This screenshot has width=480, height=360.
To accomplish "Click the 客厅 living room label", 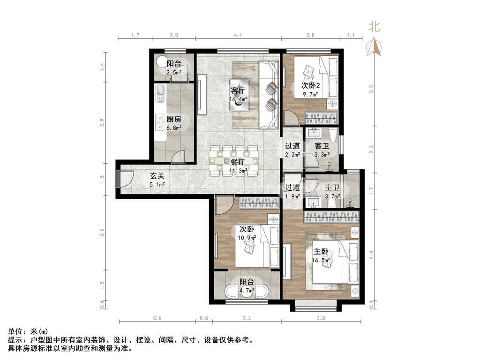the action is [x=238, y=90].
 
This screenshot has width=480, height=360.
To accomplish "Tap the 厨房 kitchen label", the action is [x=174, y=119].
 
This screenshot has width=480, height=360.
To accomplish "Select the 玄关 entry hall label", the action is [x=157, y=176].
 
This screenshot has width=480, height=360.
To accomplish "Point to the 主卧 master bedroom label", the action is [x=321, y=252].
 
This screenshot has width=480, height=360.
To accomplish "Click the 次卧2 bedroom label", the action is [x=310, y=85].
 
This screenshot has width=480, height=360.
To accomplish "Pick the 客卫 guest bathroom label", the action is [x=322, y=146].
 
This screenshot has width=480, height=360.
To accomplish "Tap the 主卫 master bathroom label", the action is [x=332, y=187].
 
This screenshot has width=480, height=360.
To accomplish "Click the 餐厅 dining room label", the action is [x=238, y=162].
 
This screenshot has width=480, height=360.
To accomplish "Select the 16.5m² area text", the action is [x=321, y=261].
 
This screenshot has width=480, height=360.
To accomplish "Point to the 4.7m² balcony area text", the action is [x=247, y=291].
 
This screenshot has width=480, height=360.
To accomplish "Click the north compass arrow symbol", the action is [x=374, y=46].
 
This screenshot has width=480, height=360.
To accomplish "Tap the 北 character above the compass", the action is [x=374, y=26].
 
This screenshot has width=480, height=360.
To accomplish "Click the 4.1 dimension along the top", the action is [x=238, y=35].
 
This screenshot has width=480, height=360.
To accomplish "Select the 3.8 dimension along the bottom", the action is [x=321, y=318].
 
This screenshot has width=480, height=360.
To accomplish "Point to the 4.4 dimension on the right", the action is [x=371, y=255].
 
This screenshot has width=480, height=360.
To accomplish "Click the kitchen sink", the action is [x=160, y=93].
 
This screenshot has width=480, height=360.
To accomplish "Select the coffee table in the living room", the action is [x=239, y=95].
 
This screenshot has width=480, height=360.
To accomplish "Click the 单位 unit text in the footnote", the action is [x=15, y=331].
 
